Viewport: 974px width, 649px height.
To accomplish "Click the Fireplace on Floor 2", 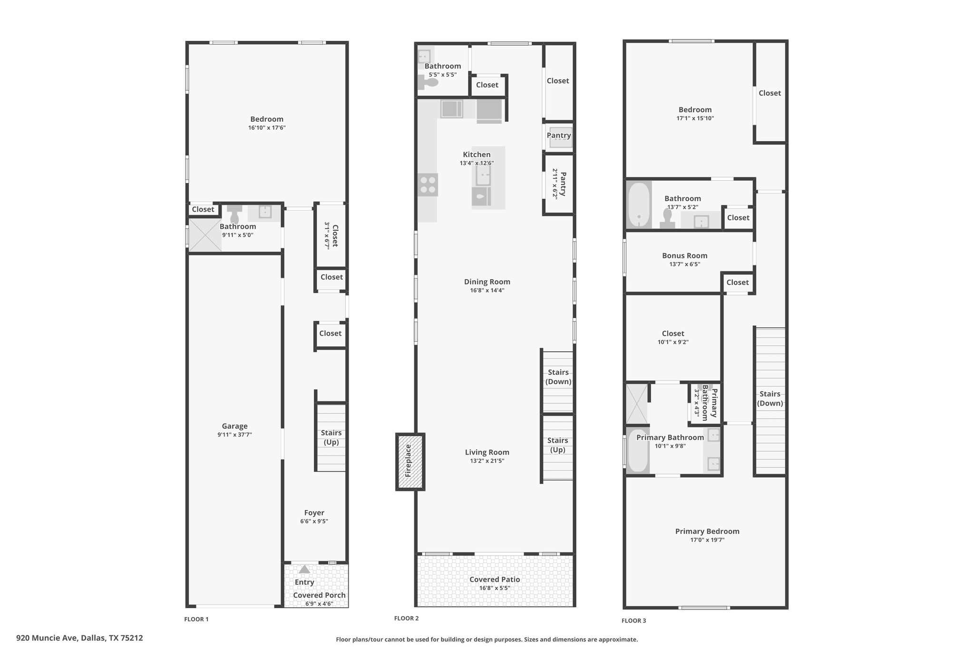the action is [x=410, y=462].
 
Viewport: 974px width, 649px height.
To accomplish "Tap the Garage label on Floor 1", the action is [x=234, y=426].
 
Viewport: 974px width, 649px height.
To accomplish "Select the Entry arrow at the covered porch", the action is [x=304, y=569].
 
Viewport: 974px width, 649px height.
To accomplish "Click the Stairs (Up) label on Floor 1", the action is [x=331, y=437].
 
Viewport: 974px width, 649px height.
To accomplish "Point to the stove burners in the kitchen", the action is [x=428, y=185].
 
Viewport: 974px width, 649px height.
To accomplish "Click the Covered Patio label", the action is [x=495, y=580].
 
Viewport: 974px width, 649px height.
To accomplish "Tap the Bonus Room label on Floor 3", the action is [x=685, y=256].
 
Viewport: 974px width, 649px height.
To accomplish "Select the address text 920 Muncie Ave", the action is [x=47, y=638].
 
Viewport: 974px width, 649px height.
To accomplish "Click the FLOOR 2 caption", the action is [x=407, y=618].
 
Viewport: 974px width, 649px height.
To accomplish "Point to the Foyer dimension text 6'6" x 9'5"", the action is [x=314, y=521].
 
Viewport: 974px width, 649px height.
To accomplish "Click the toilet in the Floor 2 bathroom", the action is [x=428, y=83].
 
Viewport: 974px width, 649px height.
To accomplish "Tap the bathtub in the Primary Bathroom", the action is [x=637, y=451].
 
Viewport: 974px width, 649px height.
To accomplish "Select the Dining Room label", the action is [x=487, y=282].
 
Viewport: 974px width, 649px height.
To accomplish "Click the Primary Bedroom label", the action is [x=707, y=532].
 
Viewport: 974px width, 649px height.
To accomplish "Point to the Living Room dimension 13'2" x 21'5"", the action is [x=487, y=461].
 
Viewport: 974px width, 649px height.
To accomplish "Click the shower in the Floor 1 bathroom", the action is [x=205, y=235].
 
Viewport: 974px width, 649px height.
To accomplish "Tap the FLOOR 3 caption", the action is [x=634, y=620].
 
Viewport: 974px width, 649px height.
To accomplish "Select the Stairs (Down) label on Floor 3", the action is [x=770, y=398].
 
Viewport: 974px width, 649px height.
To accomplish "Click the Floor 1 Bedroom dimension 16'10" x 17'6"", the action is [x=267, y=128].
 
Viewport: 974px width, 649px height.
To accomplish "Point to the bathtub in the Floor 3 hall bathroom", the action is [x=638, y=205].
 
